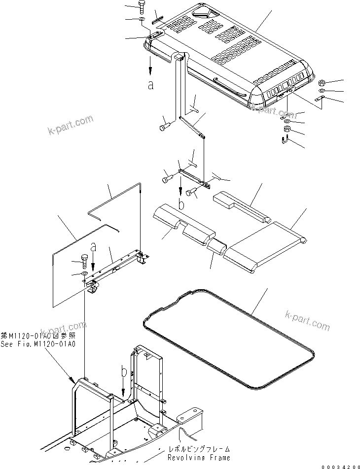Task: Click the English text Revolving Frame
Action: coord(192,458)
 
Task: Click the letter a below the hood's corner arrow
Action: coord(151,84)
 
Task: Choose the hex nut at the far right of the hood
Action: coord(321,82)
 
